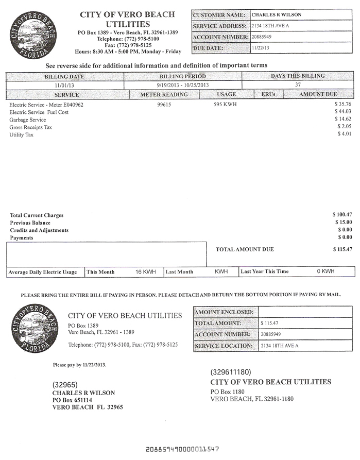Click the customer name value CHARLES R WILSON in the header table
click(276, 15)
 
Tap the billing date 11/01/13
click(65, 85)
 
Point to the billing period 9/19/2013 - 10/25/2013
click(183, 85)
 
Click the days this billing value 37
click(298, 85)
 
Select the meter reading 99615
click(164, 104)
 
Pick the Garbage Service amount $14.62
click(342, 119)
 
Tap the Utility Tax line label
click(21, 134)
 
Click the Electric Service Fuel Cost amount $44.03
click(342, 111)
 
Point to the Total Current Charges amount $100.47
click(342, 214)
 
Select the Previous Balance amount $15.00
click(344, 222)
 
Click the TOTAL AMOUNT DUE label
click(245, 249)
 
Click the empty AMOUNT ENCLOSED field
click(305, 312)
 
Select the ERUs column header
click(268, 95)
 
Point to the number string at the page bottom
click(182, 449)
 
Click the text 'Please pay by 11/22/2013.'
click(79, 365)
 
